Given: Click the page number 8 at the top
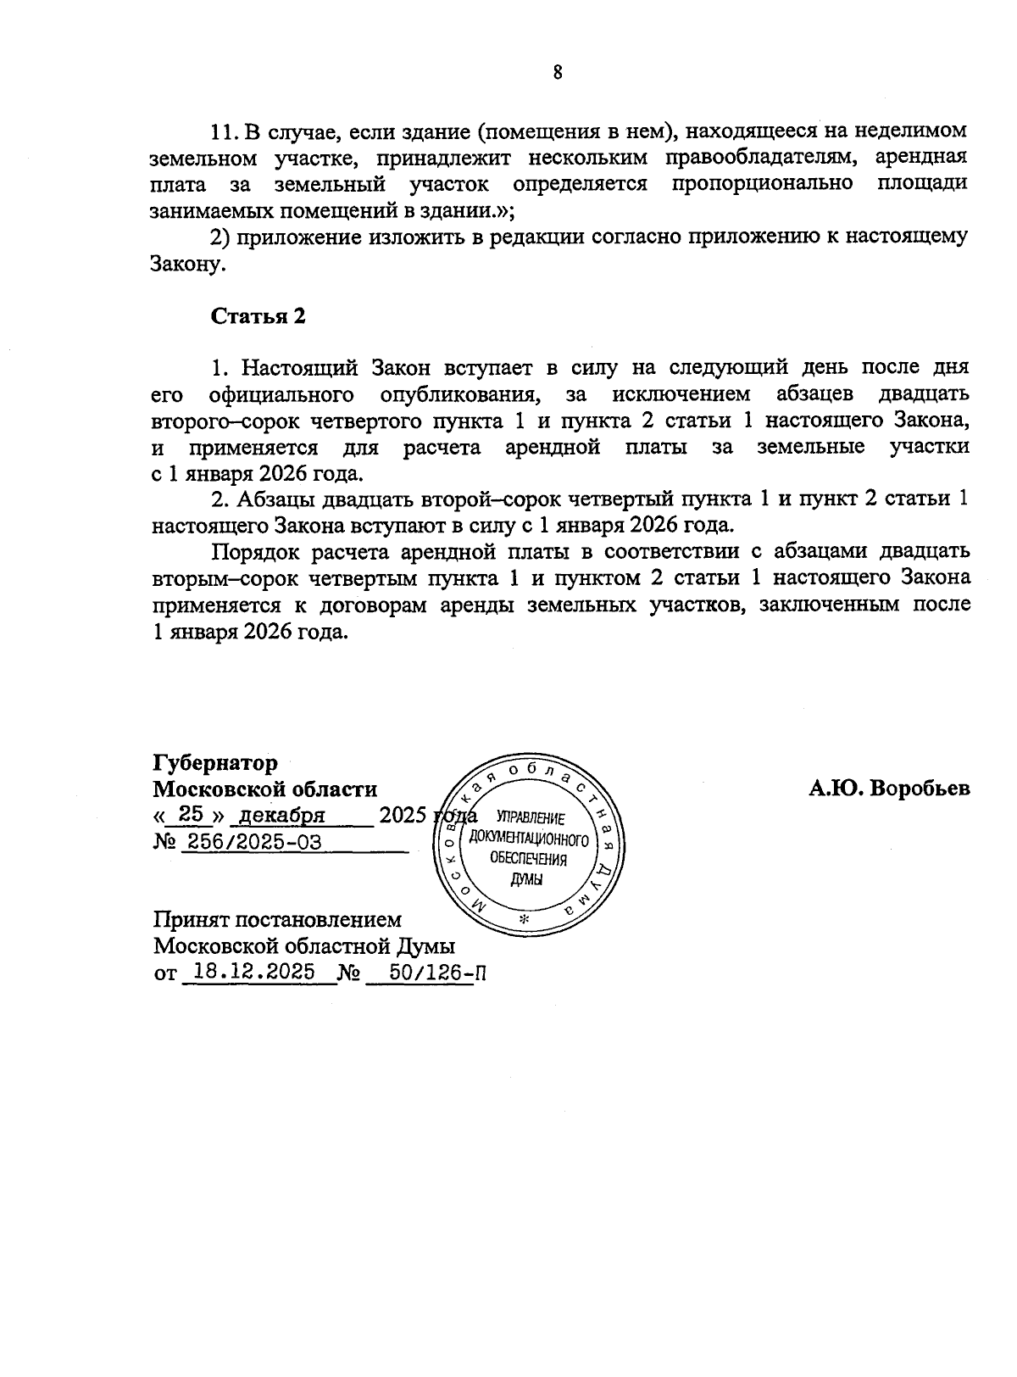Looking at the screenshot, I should click(557, 73).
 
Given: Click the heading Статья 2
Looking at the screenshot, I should click(258, 316).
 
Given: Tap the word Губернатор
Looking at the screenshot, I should click(214, 763).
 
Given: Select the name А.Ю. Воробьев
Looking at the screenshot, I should click(889, 789).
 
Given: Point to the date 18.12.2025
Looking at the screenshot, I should click(254, 972).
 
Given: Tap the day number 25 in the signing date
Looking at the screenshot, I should click(191, 814).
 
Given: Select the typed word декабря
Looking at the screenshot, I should click(282, 815).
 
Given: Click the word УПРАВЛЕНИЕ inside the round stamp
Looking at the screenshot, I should click(531, 819).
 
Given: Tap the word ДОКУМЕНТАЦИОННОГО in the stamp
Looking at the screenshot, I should click(529, 839).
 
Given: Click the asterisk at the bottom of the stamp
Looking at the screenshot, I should click(525, 921).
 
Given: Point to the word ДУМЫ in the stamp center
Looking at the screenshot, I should click(526, 878).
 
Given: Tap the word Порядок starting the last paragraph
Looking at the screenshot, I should click(252, 552).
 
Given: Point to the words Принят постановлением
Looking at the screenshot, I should click(277, 919).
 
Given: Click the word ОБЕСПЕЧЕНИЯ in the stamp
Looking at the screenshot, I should click(529, 859).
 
